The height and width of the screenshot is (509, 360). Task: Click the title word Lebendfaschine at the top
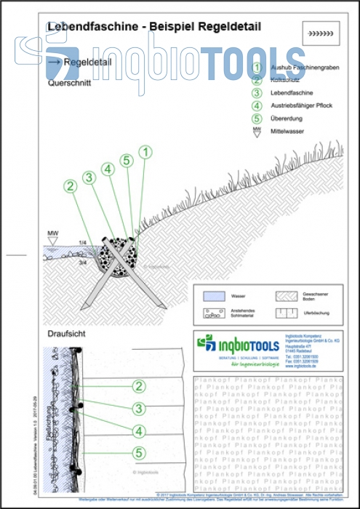tap(95, 26)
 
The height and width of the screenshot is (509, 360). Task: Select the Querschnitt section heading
tap(68, 84)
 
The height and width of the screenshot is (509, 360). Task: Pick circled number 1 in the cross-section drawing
tap(145, 152)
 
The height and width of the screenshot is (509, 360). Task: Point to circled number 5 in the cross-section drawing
tap(126, 160)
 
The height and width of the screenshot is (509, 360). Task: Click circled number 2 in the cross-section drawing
tap(71, 185)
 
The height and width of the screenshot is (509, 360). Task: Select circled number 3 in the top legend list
tap(256, 92)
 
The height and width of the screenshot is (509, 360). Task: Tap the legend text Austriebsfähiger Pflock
tap(301, 105)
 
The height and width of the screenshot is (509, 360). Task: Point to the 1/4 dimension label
tap(83, 242)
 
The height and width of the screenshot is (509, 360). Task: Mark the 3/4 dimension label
tap(83, 261)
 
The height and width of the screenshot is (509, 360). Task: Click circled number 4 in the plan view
tap(137, 430)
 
